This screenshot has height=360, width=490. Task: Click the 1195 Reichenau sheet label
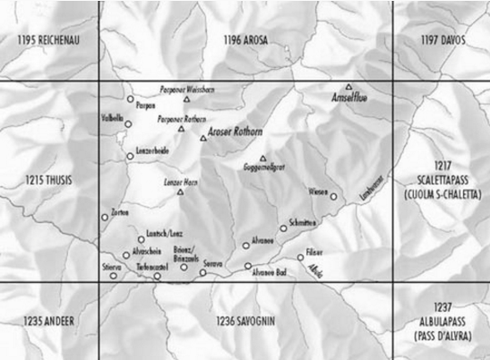tap(49, 41)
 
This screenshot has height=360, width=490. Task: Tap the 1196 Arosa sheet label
tap(245, 40)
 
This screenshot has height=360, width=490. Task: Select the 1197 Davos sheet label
tap(441, 40)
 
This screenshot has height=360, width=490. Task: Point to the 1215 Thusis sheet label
tap(49, 180)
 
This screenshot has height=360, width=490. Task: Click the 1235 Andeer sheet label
tap(49, 320)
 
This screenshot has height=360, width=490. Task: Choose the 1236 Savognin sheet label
tap(244, 320)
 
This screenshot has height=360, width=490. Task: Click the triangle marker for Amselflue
tap(349, 87)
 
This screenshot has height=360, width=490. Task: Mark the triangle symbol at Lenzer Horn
tap(180, 192)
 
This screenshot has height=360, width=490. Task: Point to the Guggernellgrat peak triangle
tap(263, 158)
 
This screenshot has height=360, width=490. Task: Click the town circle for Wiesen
tap(333, 196)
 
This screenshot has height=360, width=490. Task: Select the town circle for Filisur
tap(301, 257)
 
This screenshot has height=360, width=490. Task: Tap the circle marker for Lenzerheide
tap(130, 156)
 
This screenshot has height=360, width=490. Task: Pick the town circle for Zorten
tap(105, 217)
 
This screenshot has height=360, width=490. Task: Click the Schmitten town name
tap(304, 221)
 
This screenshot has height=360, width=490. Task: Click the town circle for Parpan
tap(130, 99)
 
